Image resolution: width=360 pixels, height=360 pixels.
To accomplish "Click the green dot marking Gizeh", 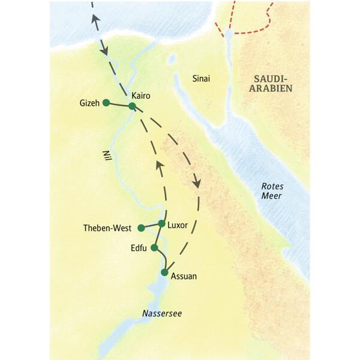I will point(106,103).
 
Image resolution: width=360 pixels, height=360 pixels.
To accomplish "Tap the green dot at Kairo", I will point(132,106).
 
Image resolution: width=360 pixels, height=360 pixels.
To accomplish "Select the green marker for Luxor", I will point(161,223).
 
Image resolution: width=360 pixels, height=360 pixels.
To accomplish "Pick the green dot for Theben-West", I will point(141,228).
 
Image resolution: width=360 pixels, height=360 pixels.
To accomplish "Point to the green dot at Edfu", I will point(154,247).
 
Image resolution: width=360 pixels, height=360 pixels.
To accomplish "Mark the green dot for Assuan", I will point(164,272).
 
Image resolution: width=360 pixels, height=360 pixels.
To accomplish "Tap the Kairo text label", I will point(140,95).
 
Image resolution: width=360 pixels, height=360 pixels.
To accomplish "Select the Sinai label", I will point(202,78).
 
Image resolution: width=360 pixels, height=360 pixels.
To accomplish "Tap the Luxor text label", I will point(178,225).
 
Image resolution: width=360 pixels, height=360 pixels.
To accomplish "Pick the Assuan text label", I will point(184,277).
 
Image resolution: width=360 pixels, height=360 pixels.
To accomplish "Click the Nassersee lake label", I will point(162,313).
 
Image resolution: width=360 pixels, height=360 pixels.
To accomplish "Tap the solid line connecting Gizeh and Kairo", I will point(119,104).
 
